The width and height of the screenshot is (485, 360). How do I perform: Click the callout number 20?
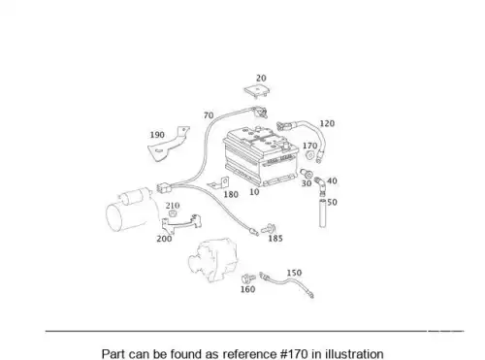pyautogui.click(x=261, y=79)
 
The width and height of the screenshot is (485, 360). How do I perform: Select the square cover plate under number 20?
pyautogui.click(x=257, y=91)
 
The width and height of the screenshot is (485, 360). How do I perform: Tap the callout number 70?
pyautogui.click(x=209, y=115)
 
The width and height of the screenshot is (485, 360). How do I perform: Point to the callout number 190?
pyautogui.click(x=157, y=135)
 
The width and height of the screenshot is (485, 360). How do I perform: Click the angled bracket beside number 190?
pyautogui.click(x=168, y=145)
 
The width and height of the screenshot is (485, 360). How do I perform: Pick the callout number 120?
pyautogui.click(x=327, y=123)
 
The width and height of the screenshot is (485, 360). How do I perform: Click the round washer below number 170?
pyautogui.click(x=309, y=155)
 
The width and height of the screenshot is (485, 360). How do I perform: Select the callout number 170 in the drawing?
pyautogui.click(x=309, y=146)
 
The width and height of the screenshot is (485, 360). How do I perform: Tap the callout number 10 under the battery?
pyautogui.click(x=254, y=192)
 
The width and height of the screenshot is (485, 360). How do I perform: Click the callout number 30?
pyautogui.click(x=307, y=183)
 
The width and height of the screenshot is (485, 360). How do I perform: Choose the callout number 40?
pyautogui.click(x=332, y=181)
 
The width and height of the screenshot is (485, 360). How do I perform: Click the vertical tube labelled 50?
pyautogui.click(x=322, y=213)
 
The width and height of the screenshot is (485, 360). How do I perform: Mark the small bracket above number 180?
pyautogui.click(x=219, y=183)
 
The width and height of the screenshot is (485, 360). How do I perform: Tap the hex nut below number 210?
pyautogui.click(x=173, y=213)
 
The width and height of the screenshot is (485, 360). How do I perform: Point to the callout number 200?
pyautogui.click(x=164, y=239)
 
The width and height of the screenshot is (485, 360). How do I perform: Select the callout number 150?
pyautogui.click(x=294, y=273)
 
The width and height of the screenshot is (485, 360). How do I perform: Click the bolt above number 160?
pyautogui.click(x=248, y=278)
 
